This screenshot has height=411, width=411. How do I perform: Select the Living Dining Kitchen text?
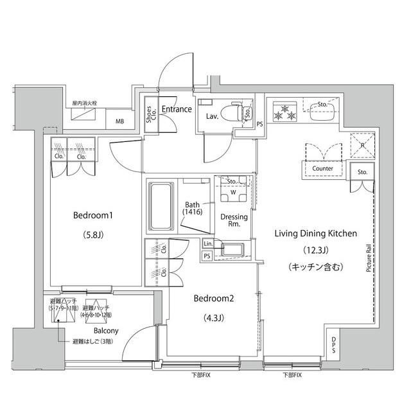click(315, 234)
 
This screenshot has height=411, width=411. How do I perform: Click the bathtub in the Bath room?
click(160, 206)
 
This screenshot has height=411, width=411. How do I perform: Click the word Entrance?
click(176, 109)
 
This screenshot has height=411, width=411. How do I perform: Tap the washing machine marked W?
click(232, 191)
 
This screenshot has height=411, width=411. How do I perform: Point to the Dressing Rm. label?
click(234, 222)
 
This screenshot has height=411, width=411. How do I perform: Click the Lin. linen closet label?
click(207, 244)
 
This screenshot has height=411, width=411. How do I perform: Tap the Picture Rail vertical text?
click(368, 258)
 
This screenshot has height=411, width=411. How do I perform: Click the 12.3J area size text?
click(315, 250)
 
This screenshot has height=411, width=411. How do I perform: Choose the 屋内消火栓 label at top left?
click(85, 103)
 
